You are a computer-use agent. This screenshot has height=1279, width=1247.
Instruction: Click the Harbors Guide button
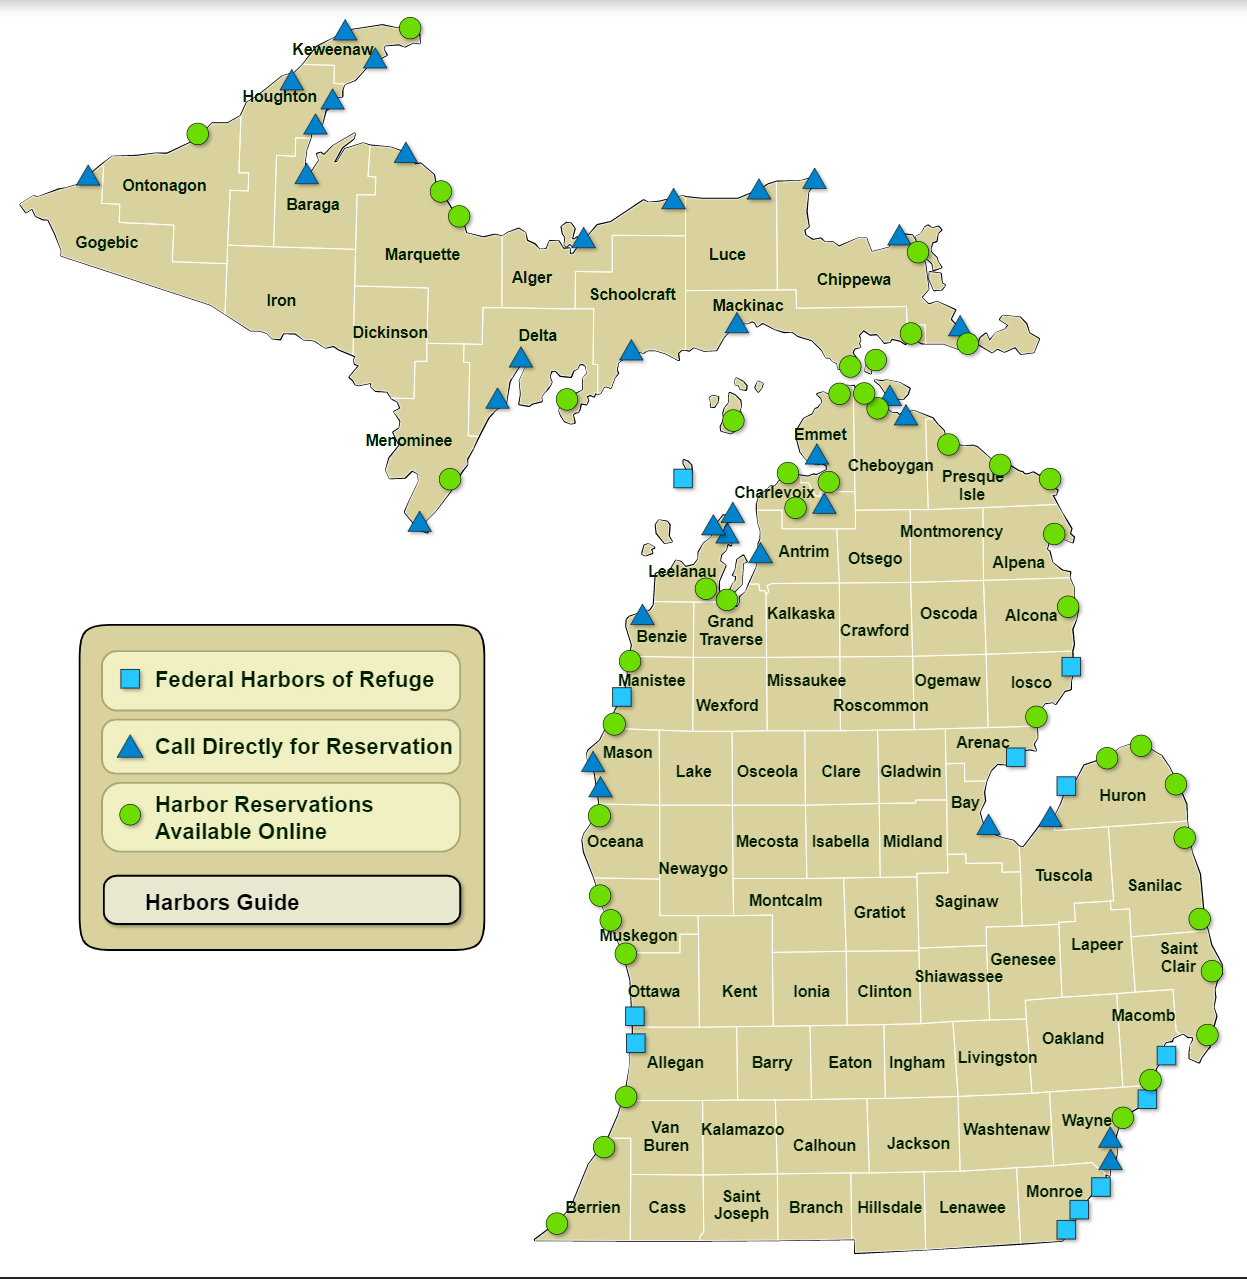pos(281,901)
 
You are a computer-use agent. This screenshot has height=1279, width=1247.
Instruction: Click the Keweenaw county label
pos(332,50)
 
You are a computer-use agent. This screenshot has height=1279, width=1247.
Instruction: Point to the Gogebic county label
pos(107,243)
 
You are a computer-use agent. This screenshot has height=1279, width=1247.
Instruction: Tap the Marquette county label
pos(422,255)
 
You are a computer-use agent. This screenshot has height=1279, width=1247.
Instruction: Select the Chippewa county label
pos(853,280)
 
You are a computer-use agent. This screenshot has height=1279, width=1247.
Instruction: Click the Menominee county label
pos(408,441)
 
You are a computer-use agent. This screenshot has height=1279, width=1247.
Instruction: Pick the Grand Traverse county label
pos(731,631)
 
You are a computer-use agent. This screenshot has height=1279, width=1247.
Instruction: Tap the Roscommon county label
pos(880,706)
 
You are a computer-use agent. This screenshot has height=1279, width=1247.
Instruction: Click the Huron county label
pos(1122,796)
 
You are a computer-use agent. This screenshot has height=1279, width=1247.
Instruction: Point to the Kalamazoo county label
pos(742,1130)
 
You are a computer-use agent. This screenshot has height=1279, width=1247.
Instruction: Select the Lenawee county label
pos(972,1208)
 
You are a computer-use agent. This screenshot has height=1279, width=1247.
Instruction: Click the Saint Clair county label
pos(1178,957)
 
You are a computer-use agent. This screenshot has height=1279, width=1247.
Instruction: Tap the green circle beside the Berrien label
pos(557,1224)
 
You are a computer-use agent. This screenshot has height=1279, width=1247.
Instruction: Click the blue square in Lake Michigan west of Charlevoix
pos(683,478)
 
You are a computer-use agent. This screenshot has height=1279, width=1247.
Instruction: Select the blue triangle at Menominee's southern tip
pos(420,523)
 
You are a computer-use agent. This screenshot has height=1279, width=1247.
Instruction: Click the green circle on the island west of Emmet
pos(733,420)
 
